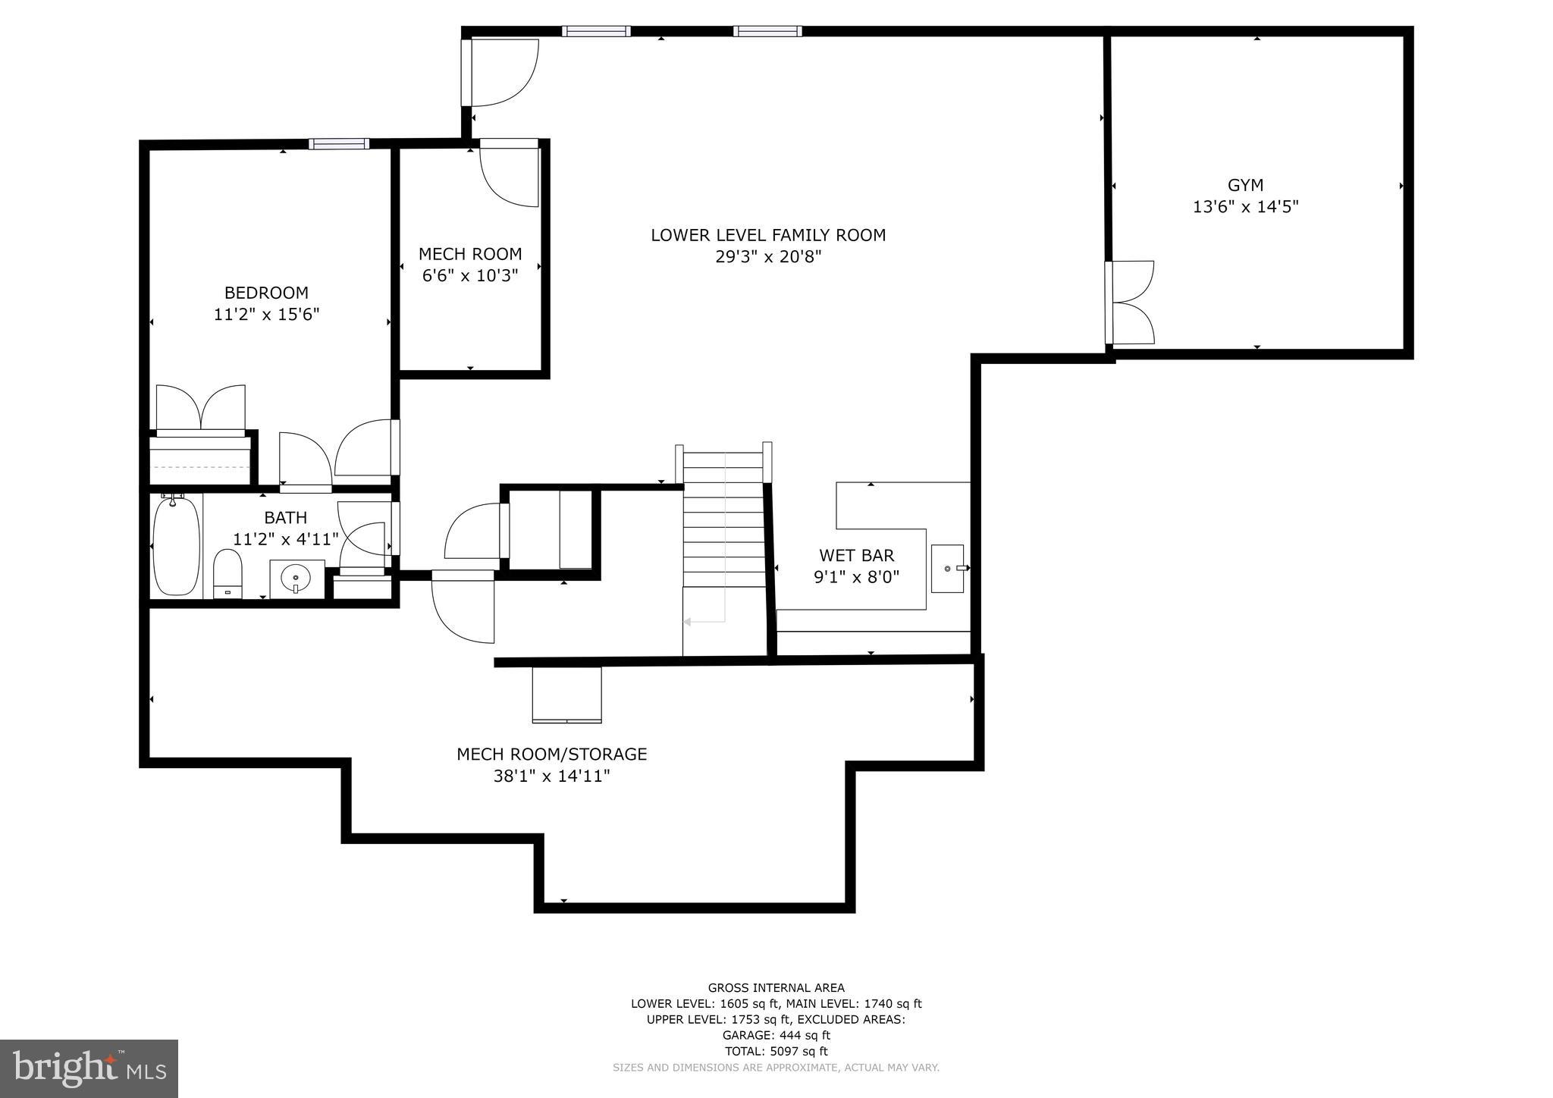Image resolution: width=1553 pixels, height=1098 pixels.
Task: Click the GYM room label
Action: [x=1245, y=185]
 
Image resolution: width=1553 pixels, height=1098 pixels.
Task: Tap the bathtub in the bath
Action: [x=176, y=546]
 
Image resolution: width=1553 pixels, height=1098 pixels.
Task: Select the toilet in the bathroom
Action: [x=227, y=574]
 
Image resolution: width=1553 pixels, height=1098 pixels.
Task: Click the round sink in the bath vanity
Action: [x=295, y=579]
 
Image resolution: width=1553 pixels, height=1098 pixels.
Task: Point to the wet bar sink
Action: [x=948, y=568]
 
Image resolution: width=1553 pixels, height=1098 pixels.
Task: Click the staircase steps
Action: [x=724, y=523]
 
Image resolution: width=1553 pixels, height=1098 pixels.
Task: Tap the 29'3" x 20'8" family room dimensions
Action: [x=768, y=257]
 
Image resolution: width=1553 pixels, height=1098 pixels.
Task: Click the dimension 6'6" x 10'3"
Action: [x=470, y=275]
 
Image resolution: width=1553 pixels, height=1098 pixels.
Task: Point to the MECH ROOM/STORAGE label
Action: [x=551, y=754]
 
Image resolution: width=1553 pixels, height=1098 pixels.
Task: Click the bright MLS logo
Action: [x=89, y=1068]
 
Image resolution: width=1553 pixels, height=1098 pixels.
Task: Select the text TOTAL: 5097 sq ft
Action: [x=776, y=1051]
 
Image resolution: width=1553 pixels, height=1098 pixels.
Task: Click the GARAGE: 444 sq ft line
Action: [x=776, y=1035]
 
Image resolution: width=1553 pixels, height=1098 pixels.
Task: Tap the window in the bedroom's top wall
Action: [x=339, y=144]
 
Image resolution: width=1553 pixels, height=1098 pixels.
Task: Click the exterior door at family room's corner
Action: [x=500, y=72]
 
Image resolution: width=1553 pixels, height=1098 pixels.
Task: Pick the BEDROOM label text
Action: [x=266, y=293]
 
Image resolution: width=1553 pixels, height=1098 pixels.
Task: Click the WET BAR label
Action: [x=856, y=556]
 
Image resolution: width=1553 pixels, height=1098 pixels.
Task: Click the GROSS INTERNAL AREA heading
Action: [x=776, y=987]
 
